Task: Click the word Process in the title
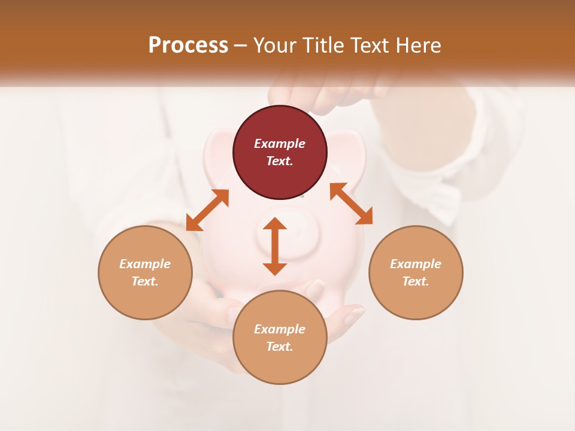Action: click(188, 45)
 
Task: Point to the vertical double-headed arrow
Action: click(275, 246)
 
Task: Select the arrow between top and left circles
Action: click(207, 210)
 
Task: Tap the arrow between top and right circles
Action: click(351, 204)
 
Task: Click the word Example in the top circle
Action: click(280, 144)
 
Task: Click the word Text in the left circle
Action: click(145, 281)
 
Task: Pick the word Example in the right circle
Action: click(416, 264)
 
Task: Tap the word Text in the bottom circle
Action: click(280, 347)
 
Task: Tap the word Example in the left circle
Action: click(145, 264)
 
